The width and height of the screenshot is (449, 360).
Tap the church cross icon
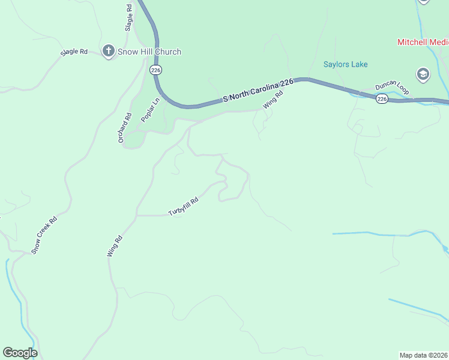click(109, 51)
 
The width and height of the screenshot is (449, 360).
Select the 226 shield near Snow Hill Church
click(156, 70)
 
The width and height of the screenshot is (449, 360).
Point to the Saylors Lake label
click(346, 64)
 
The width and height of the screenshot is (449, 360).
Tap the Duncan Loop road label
click(392, 87)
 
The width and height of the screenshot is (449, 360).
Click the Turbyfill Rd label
click(183, 207)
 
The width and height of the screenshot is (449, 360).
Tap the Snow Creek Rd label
click(44, 235)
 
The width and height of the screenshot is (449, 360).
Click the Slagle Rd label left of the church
click(74, 52)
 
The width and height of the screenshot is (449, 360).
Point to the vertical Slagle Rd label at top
click(128, 17)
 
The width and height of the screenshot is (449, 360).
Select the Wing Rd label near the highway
click(273, 100)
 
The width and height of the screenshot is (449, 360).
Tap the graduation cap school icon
click(423, 74)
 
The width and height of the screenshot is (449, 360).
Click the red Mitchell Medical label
click(423, 42)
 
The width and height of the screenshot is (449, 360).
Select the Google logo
click(20, 353)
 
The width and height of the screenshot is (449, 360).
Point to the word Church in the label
click(167, 52)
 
